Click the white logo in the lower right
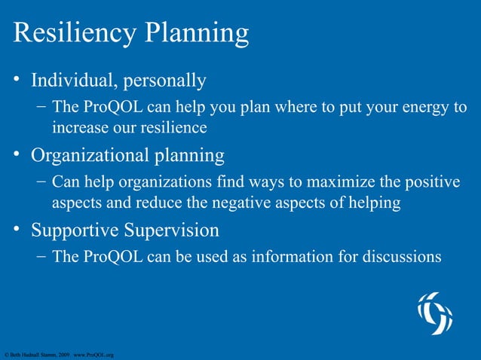pyautogui.click(x=435, y=313)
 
